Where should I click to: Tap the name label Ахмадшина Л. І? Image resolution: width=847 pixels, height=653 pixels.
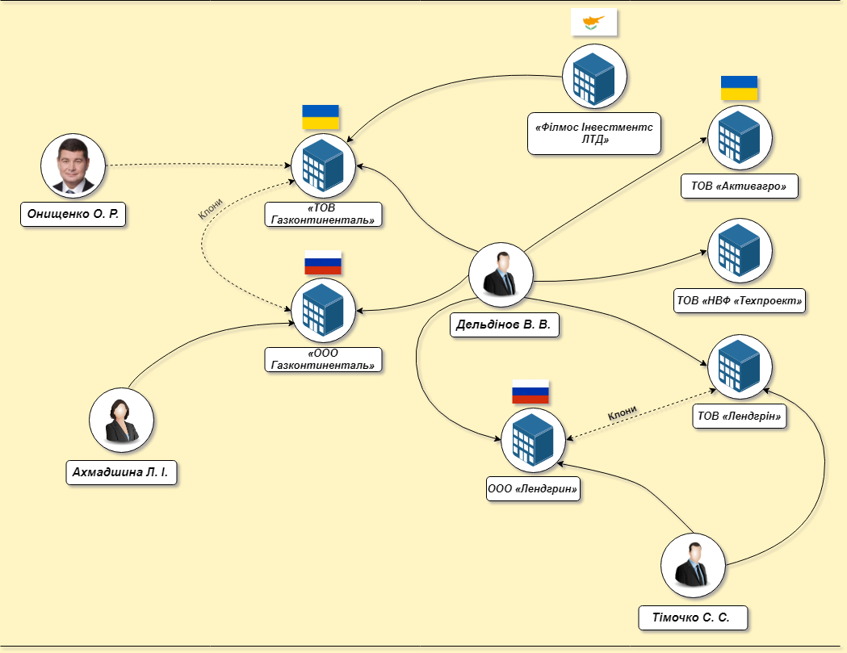(121, 472)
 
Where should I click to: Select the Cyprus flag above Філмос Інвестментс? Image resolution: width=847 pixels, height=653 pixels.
(594, 23)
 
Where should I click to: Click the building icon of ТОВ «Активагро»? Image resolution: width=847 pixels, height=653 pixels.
(740, 137)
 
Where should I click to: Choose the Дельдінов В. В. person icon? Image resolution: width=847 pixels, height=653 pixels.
(501, 274)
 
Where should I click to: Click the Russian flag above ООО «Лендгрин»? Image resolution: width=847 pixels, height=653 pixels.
(530, 391)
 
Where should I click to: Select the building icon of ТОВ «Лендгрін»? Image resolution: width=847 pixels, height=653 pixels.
(740, 367)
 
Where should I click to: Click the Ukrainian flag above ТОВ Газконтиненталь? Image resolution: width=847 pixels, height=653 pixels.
(321, 117)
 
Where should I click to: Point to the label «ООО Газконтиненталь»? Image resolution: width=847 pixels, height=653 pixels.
(323, 359)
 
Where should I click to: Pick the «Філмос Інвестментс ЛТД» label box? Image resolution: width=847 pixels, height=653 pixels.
(593, 133)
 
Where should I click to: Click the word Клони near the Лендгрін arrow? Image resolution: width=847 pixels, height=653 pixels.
(623, 413)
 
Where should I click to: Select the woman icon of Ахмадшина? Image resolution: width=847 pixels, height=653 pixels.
(122, 420)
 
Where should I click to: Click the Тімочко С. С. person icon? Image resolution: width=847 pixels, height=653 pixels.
(693, 565)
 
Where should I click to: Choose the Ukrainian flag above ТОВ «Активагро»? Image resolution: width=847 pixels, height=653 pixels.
(739, 88)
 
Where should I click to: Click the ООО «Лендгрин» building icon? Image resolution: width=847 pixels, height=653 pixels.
(534, 440)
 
